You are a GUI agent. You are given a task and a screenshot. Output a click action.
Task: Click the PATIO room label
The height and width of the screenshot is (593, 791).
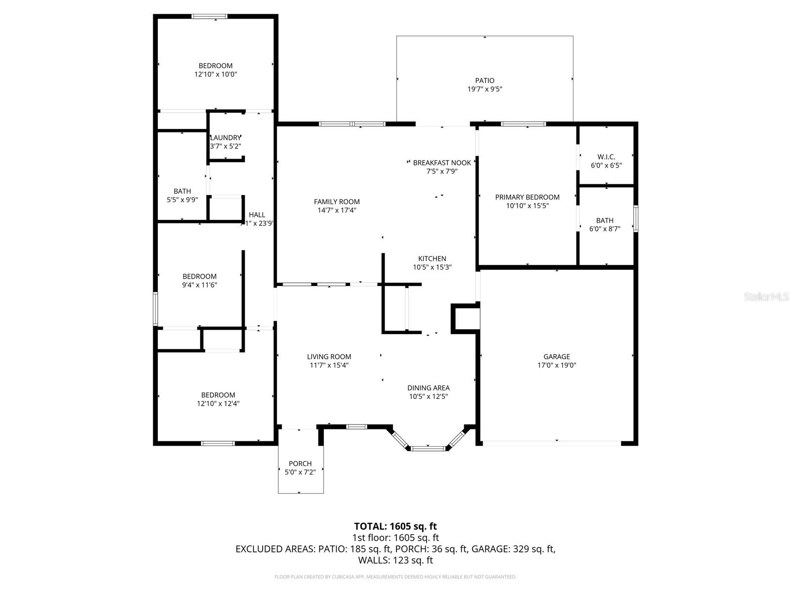[x=484, y=81]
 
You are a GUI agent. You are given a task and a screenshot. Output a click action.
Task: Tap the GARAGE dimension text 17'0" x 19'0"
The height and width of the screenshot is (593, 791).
[x=557, y=366]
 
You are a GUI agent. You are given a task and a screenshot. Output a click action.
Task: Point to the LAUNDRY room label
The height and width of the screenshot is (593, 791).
[x=226, y=137]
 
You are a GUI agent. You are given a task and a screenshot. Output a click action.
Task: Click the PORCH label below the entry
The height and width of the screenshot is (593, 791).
[x=300, y=464]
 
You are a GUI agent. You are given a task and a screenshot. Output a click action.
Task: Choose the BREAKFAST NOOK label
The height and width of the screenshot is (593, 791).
[x=441, y=163]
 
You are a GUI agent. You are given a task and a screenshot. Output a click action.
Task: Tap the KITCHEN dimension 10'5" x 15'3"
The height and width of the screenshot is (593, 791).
[x=432, y=267]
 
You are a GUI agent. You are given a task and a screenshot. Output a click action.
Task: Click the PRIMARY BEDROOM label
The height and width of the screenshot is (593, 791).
[x=527, y=197]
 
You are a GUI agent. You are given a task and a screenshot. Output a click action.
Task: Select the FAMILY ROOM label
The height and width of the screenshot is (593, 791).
[x=337, y=202]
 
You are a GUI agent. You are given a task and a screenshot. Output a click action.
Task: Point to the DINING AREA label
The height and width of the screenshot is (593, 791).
[x=428, y=388]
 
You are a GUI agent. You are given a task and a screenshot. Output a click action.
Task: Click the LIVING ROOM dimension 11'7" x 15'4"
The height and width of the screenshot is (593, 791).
[x=329, y=365]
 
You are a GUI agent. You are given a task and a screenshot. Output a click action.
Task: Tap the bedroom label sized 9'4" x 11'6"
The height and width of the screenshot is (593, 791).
[x=199, y=276]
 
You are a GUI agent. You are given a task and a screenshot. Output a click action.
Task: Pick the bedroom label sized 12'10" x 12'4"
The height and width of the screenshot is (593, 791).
[x=218, y=395]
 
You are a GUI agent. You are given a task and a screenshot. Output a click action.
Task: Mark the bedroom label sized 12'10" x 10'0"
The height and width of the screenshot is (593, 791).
[x=216, y=66]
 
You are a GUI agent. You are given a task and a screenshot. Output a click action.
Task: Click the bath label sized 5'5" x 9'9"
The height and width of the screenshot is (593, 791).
[x=182, y=191]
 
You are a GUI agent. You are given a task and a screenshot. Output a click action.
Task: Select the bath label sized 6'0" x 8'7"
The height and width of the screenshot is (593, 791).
[x=605, y=220]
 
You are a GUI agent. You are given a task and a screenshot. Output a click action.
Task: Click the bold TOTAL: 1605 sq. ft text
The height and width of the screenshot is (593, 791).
[x=395, y=526]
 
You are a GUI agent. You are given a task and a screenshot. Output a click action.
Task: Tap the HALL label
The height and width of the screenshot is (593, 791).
[x=257, y=214]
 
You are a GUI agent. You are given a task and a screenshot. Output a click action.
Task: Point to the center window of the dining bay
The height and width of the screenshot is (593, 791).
[x=428, y=448]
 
